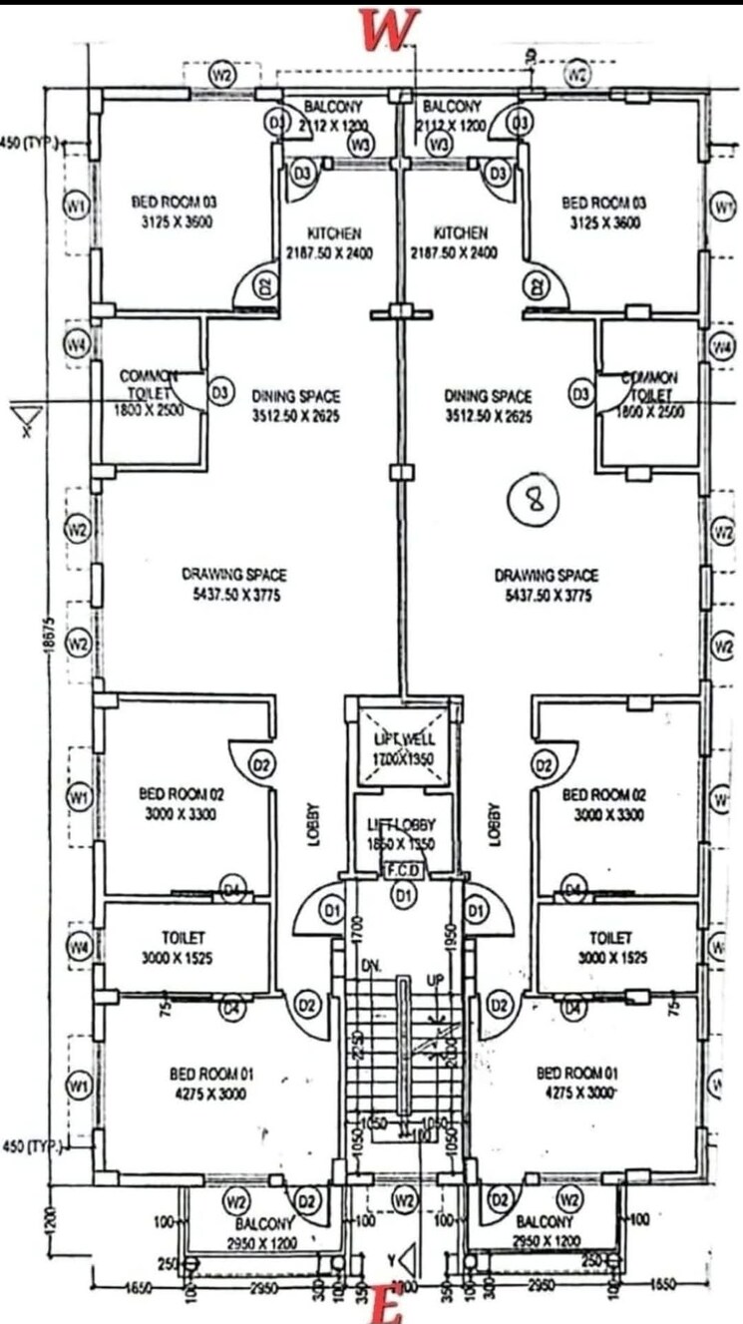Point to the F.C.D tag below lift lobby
point(403,870)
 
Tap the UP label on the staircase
point(436,982)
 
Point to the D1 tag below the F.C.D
point(403,897)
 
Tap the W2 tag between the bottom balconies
point(404,1197)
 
